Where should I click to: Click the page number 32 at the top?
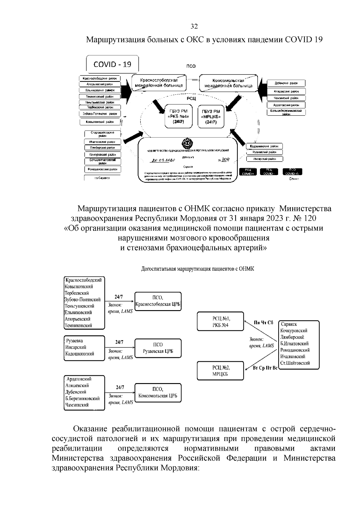(194, 27)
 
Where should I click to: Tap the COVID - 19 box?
(112, 64)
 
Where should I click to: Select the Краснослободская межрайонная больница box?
(159, 83)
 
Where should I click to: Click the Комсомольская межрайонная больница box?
(228, 83)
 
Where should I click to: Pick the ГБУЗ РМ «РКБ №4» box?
(178, 116)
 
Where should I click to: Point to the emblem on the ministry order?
(187, 143)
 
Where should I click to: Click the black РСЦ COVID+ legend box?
(248, 172)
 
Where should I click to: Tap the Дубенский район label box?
(286, 83)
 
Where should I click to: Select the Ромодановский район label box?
(102, 169)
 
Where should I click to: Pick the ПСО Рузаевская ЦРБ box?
(158, 348)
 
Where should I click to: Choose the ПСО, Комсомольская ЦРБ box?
(158, 392)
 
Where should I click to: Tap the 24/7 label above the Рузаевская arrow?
(119, 342)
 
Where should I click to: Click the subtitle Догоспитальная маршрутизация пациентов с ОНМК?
(197, 269)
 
